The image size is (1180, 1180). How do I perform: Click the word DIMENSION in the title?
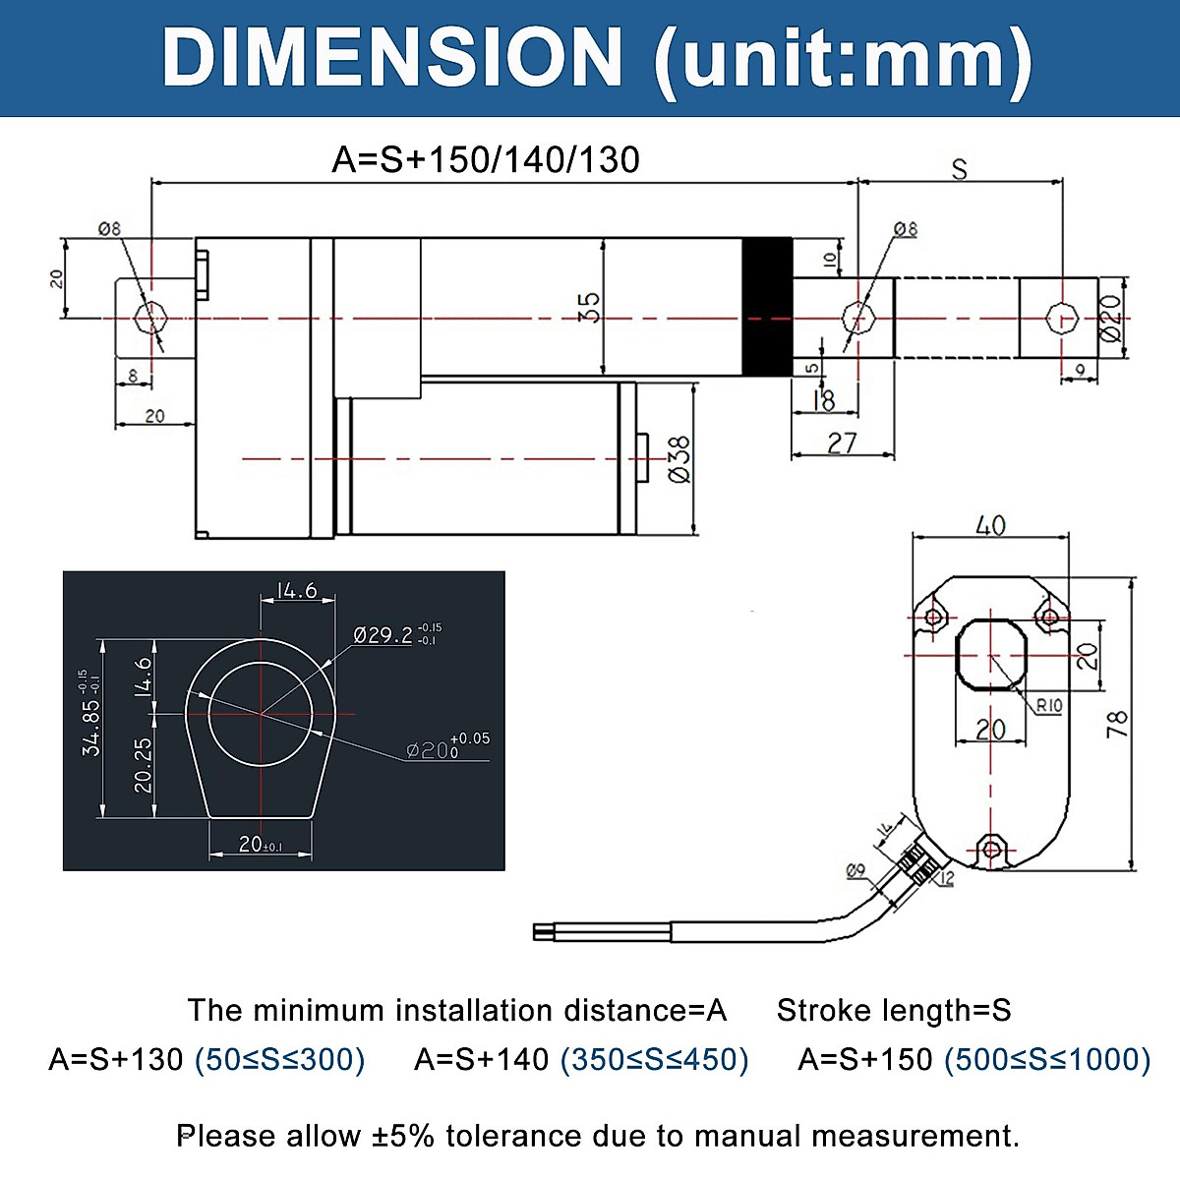(x=392, y=58)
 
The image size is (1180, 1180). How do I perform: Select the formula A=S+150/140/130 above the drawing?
(x=486, y=159)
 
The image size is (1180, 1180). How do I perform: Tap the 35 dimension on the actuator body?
(x=589, y=307)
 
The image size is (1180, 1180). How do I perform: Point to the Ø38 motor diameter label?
(x=678, y=459)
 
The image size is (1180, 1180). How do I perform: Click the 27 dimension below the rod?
(x=842, y=443)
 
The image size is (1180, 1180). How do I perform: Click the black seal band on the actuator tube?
(x=766, y=307)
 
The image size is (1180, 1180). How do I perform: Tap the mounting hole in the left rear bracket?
(x=150, y=318)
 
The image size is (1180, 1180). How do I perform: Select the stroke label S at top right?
(x=959, y=170)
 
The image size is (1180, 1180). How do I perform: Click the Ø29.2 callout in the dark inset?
(x=383, y=635)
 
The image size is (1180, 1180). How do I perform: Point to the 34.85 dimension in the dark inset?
(x=91, y=727)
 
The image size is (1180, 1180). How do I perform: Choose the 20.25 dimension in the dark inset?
(x=144, y=766)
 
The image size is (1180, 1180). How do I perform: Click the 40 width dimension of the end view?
(x=990, y=525)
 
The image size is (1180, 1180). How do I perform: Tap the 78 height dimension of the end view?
(x=1116, y=725)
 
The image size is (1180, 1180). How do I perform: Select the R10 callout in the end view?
(x=1049, y=705)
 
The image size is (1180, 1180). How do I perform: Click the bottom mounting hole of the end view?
(x=991, y=848)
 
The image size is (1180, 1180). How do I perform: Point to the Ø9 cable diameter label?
(x=855, y=870)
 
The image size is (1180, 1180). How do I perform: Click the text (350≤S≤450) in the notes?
(x=654, y=1059)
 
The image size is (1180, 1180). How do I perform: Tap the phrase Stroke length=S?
(x=894, y=1010)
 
